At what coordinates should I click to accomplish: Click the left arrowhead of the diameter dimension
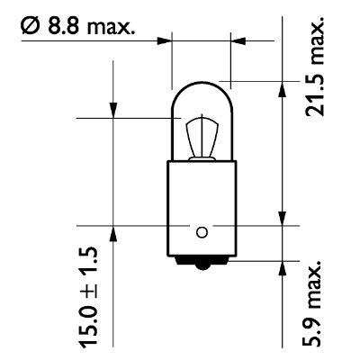(165, 40)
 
